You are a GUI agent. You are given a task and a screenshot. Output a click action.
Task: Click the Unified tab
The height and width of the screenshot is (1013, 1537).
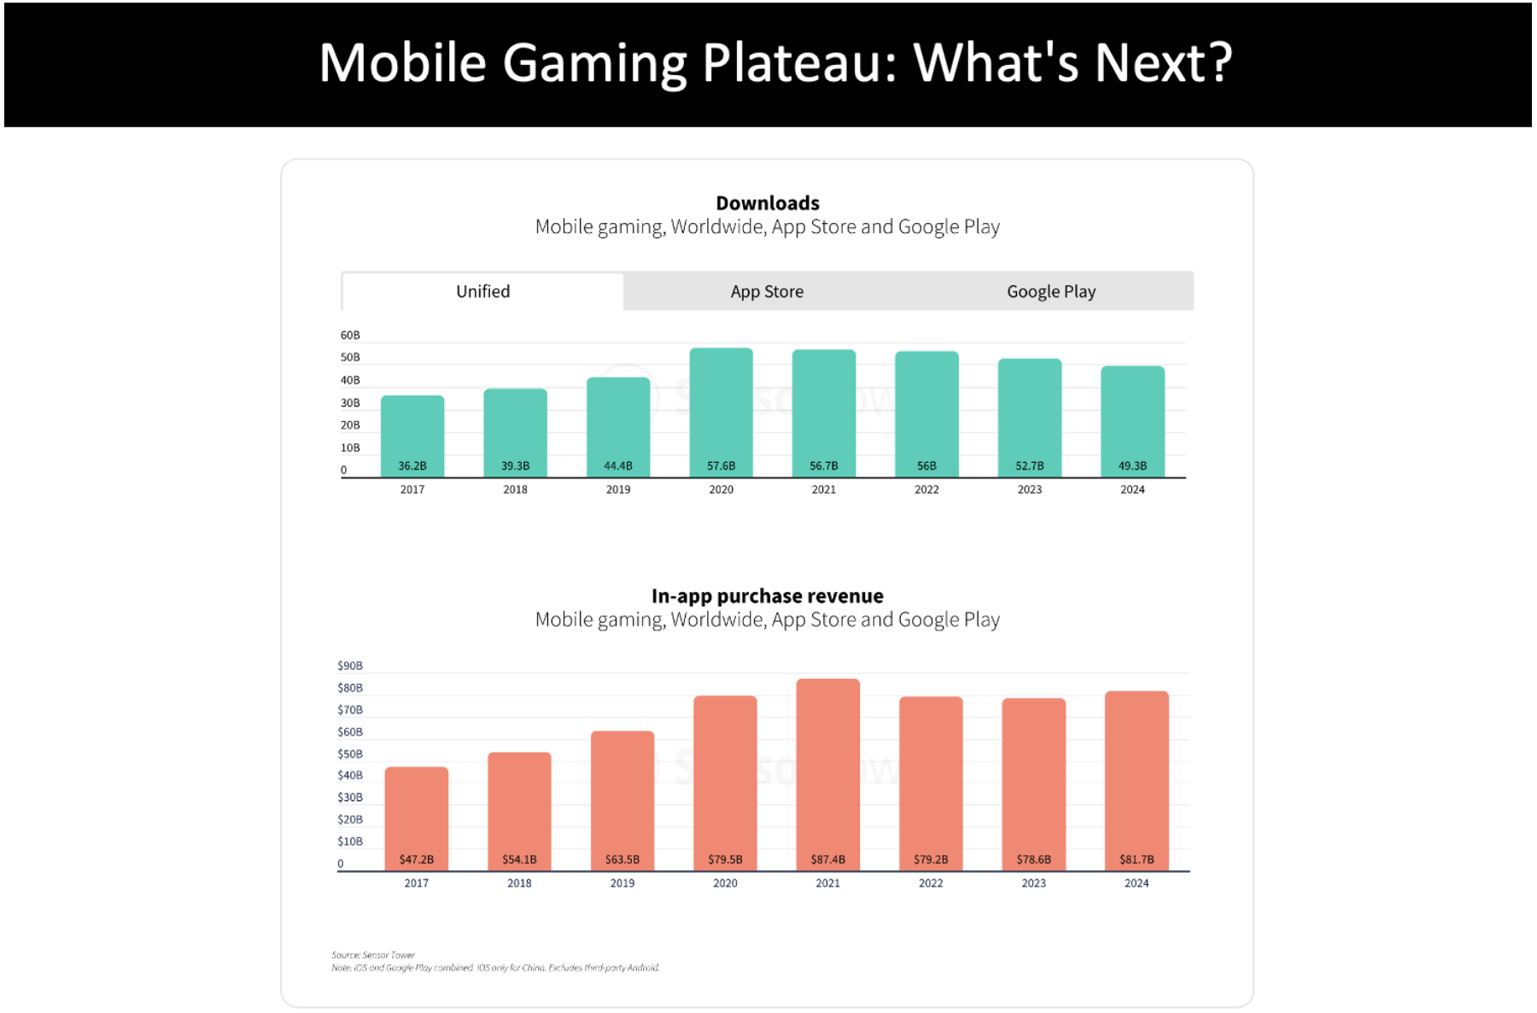coord(482,291)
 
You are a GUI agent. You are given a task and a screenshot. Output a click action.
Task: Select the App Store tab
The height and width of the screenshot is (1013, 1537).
coord(766,291)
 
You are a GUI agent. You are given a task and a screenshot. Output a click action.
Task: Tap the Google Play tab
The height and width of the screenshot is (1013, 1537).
coord(1050,291)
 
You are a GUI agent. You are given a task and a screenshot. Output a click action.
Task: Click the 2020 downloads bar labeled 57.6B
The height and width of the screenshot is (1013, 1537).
coord(721,410)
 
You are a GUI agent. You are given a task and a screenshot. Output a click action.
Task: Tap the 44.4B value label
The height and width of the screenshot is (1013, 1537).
coord(618,466)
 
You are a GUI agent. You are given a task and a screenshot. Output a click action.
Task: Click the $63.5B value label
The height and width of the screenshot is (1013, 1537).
coord(622,859)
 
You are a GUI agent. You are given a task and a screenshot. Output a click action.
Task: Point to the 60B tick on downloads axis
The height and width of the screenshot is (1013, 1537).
coord(350,336)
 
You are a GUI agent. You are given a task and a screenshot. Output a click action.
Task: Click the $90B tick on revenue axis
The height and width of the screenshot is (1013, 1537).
coord(350,665)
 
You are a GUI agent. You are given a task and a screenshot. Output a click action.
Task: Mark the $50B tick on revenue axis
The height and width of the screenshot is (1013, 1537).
coord(350,754)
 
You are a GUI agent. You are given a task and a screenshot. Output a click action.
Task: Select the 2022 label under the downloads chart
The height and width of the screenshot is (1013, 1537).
coord(926,489)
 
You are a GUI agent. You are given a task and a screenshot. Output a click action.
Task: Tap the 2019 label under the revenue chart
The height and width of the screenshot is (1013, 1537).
coord(622,883)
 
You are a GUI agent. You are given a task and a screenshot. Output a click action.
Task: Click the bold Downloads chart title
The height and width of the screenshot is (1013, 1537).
coord(767,203)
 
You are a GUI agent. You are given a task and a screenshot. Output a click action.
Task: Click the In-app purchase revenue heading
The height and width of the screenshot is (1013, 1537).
coord(767,596)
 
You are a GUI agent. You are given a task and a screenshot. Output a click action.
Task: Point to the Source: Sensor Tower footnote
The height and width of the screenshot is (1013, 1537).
coord(373,955)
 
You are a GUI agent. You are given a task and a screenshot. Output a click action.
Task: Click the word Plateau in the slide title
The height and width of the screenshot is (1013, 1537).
coord(798,63)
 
